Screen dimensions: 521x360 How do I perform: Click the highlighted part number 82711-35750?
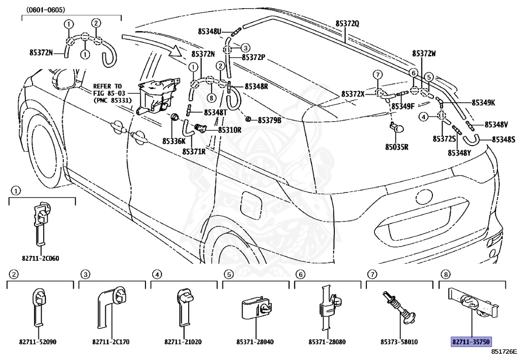(x=471, y=342)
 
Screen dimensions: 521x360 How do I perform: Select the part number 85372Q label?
(x=347, y=23)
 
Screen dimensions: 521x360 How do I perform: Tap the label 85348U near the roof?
(x=209, y=31)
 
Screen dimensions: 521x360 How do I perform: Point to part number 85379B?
(x=270, y=120)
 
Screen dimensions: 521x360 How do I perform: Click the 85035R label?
(x=397, y=147)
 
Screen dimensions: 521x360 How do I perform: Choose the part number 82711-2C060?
(x=41, y=258)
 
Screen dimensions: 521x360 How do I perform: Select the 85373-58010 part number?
(x=399, y=342)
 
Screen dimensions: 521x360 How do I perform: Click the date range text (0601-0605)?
(x=46, y=10)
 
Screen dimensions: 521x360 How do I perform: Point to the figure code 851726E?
(x=504, y=351)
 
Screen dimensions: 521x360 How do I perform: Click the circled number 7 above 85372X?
(x=378, y=75)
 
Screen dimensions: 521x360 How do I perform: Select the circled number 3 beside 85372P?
(x=245, y=47)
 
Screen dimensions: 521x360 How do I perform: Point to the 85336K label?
(x=174, y=141)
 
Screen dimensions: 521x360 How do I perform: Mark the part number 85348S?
(x=503, y=140)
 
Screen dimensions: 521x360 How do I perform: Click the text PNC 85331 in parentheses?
(x=112, y=100)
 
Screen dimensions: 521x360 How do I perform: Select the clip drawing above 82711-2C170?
(x=111, y=306)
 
